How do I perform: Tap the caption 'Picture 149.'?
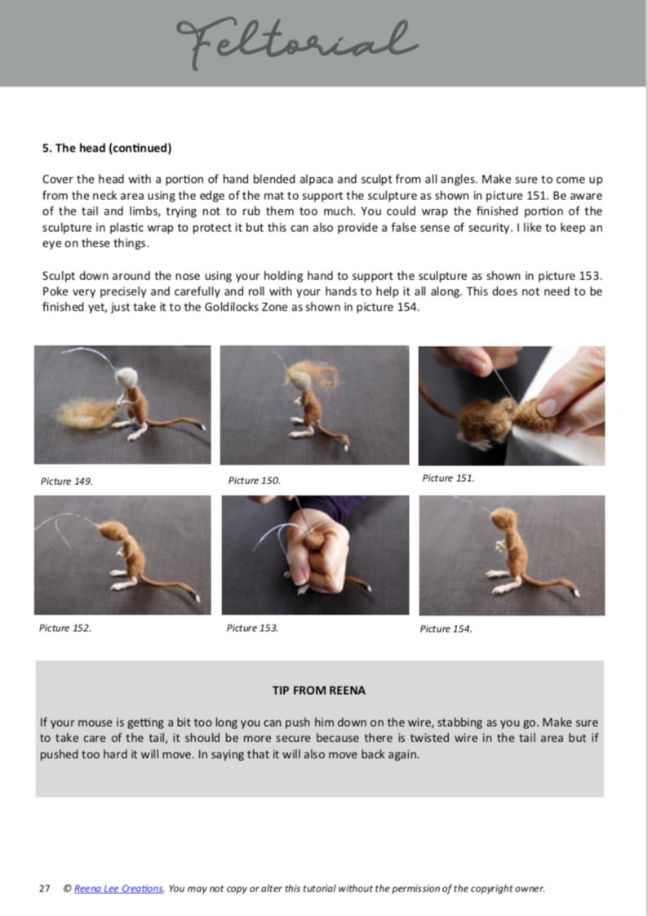(x=66, y=481)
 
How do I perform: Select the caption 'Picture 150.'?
(x=254, y=480)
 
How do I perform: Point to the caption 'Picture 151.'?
(x=448, y=478)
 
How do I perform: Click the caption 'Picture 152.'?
(x=65, y=628)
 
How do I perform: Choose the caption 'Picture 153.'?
(x=252, y=628)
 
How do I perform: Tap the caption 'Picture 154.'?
(x=446, y=629)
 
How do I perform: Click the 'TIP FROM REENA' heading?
(x=318, y=690)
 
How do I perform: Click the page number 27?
(x=44, y=888)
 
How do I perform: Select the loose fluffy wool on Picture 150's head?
(x=314, y=376)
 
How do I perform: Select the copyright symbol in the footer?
(x=66, y=888)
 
